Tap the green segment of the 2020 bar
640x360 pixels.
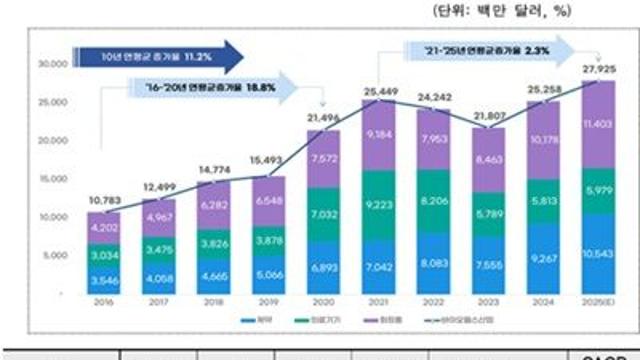[322, 213]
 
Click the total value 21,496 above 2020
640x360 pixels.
[323, 118]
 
